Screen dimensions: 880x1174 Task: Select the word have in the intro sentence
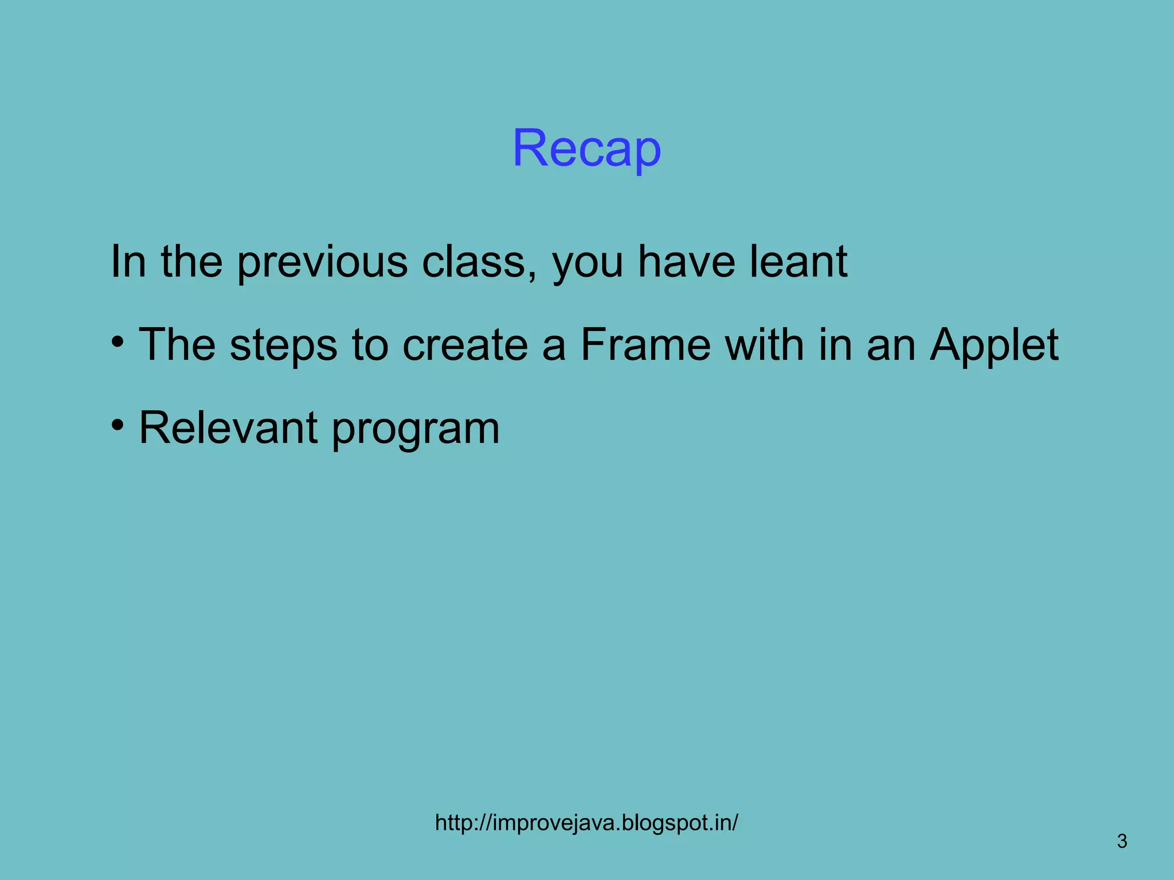click(686, 261)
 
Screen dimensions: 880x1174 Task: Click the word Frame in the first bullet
click(645, 345)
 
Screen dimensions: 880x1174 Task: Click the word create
click(465, 345)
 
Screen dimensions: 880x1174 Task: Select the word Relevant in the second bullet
click(228, 428)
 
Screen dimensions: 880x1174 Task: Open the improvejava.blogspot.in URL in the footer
click(586, 823)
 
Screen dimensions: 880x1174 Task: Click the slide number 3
click(1122, 842)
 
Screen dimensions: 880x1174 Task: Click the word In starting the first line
click(127, 261)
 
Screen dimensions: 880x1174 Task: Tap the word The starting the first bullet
click(177, 345)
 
